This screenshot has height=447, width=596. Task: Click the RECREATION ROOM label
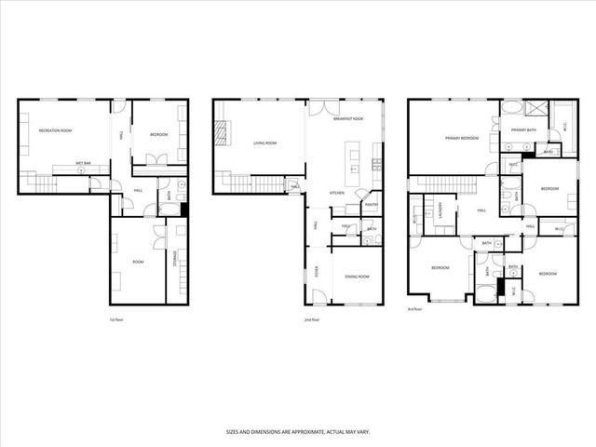(x=55, y=130)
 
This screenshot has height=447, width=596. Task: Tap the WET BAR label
(x=83, y=163)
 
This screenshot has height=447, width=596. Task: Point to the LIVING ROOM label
(x=265, y=143)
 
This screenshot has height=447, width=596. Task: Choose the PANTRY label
(x=371, y=205)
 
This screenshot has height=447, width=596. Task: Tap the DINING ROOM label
(x=358, y=277)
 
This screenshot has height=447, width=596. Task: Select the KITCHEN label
(x=337, y=193)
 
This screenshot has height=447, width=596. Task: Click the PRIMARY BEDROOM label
(x=461, y=138)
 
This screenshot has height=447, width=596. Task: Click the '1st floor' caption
(x=116, y=319)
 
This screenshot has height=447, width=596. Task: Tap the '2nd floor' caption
(x=312, y=319)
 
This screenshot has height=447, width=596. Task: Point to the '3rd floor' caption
(x=415, y=309)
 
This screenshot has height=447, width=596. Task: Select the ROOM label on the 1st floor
(x=137, y=263)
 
